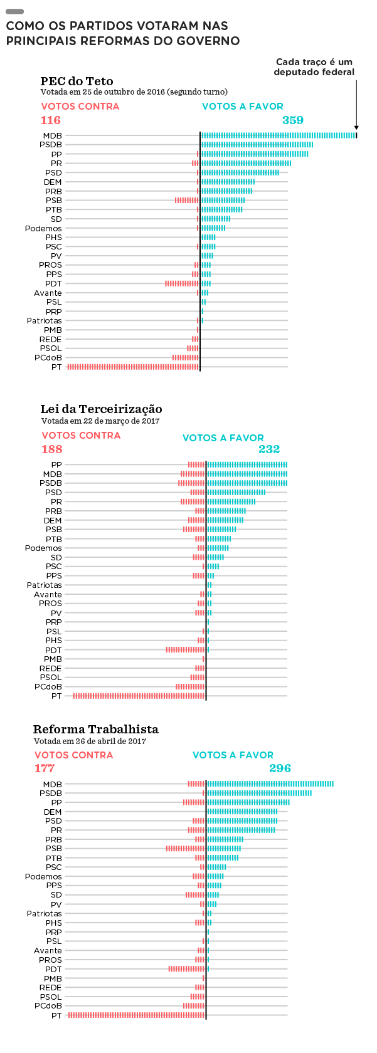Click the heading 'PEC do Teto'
tap(77, 81)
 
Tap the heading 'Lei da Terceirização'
tap(101, 409)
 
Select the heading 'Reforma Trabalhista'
tap(96, 729)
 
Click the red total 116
tap(51, 120)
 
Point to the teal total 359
tap(293, 120)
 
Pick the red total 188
tap(52, 449)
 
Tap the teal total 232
tap(269, 449)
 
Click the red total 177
tap(45, 768)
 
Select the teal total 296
tap(280, 768)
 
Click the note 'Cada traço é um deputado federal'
tap(314, 66)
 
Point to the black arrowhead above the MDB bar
tap(356, 127)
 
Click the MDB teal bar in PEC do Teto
tap(279, 135)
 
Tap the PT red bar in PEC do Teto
tap(133, 367)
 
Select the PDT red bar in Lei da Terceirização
tap(185, 649)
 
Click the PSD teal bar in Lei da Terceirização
tap(236, 492)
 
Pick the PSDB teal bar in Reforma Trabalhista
tap(259, 793)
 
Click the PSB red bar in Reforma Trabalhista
tap(185, 849)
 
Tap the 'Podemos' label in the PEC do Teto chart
tap(43, 228)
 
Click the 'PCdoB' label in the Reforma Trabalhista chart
tap(48, 1006)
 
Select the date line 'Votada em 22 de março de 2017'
tap(100, 421)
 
